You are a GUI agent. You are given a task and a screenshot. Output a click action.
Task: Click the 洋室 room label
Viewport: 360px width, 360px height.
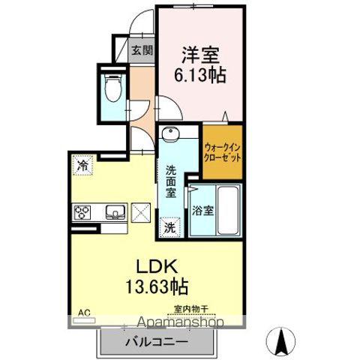[201, 55]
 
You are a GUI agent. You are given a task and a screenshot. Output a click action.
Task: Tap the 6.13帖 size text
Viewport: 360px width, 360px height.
[201, 74]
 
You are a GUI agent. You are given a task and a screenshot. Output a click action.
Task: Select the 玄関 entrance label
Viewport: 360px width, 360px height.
[142, 51]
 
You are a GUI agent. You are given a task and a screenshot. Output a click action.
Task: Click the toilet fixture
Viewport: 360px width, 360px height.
[113, 88]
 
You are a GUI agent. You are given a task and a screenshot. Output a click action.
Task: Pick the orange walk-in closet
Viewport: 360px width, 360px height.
[223, 154]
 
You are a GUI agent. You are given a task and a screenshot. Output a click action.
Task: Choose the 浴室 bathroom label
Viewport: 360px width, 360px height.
[202, 211]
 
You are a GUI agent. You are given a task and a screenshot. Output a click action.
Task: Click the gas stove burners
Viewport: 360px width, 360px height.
[81, 212]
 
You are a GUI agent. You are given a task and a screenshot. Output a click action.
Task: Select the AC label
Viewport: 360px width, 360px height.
[76, 310]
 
